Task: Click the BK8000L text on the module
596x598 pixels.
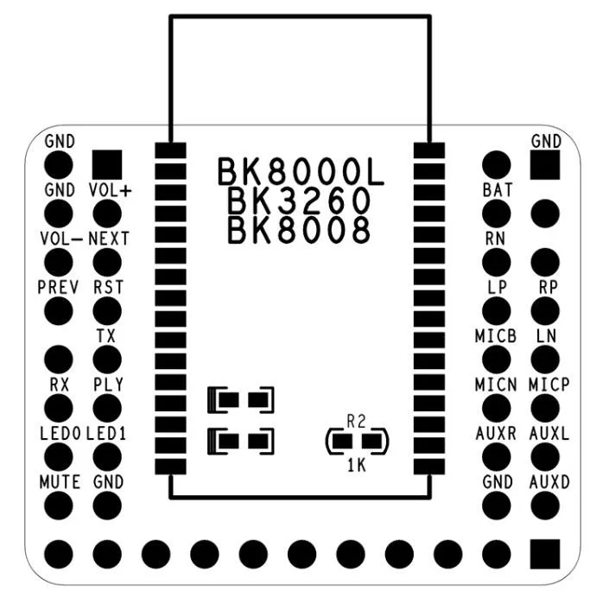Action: (301, 172)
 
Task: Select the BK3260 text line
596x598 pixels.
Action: (299, 201)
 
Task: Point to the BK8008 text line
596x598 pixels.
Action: (299, 230)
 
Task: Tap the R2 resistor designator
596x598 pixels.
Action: (357, 422)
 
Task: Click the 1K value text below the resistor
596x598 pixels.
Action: (357, 465)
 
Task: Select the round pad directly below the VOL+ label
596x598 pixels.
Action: (107, 213)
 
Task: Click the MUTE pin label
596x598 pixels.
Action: (60, 482)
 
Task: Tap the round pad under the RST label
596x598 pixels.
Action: (107, 311)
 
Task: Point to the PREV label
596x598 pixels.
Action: (59, 287)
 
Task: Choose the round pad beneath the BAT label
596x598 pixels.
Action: (497, 213)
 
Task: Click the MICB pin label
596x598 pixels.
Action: (496, 336)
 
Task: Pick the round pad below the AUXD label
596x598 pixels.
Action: (545, 506)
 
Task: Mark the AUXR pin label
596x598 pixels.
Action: (496, 433)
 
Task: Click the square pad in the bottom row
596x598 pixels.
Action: (545, 554)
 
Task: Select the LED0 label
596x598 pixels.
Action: (60, 433)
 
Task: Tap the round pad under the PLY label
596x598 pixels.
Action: (107, 408)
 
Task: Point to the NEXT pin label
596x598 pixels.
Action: (109, 239)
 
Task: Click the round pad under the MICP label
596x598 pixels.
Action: (545, 408)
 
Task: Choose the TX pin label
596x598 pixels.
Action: (106, 336)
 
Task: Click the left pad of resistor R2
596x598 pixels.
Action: (342, 442)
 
